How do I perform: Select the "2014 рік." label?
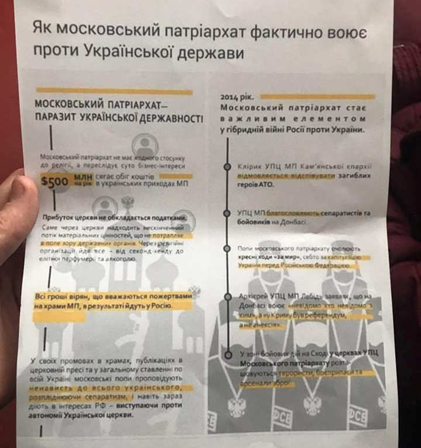(237, 96)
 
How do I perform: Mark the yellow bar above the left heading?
(114, 92)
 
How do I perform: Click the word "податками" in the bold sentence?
(167, 218)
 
